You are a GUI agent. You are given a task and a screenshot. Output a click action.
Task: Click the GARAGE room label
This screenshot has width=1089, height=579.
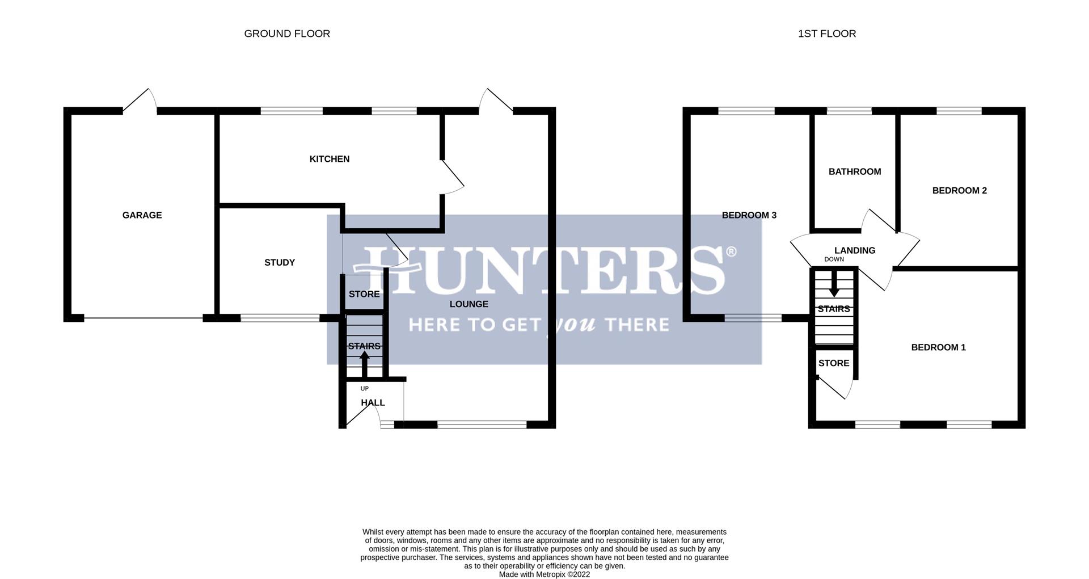click(x=142, y=215)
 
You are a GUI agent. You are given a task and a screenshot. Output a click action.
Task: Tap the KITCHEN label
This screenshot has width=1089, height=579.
click(x=329, y=159)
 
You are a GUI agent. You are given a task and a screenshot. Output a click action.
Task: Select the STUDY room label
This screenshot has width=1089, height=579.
click(x=280, y=262)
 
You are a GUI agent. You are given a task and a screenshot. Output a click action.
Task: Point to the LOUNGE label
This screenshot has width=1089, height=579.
click(x=468, y=304)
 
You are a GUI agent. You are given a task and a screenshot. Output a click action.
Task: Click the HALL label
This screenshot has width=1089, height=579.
click(x=373, y=402)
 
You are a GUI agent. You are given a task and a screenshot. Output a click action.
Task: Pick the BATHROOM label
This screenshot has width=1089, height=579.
click(x=854, y=171)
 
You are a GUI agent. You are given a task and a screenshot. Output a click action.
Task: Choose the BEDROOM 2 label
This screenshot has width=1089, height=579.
click(x=959, y=191)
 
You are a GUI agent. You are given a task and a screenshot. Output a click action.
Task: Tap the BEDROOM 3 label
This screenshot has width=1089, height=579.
click(x=749, y=215)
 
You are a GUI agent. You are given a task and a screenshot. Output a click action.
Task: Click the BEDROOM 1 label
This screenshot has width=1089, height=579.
click(x=938, y=347)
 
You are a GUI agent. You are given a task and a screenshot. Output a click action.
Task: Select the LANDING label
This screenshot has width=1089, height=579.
click(x=854, y=250)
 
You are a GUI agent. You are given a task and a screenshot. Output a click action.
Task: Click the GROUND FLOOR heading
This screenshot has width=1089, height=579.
click(x=287, y=33)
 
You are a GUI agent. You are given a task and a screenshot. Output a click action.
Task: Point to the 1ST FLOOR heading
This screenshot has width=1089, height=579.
click(x=826, y=33)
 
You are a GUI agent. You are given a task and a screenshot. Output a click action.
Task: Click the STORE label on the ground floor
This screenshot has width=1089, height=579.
click(x=364, y=294)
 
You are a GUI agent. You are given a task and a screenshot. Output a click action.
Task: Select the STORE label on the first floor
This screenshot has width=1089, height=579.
click(x=833, y=363)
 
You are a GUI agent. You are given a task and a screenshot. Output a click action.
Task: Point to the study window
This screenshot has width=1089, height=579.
click(x=280, y=318)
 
